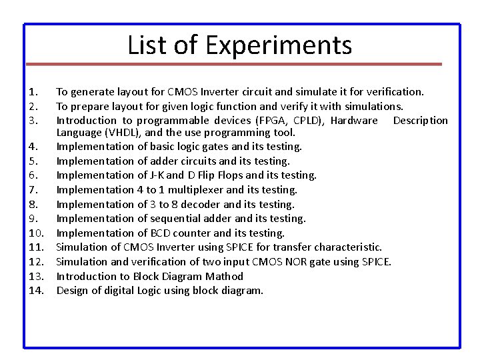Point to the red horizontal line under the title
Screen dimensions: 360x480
click(239, 65)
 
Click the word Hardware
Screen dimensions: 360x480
click(354, 121)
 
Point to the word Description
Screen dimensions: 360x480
click(421, 121)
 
